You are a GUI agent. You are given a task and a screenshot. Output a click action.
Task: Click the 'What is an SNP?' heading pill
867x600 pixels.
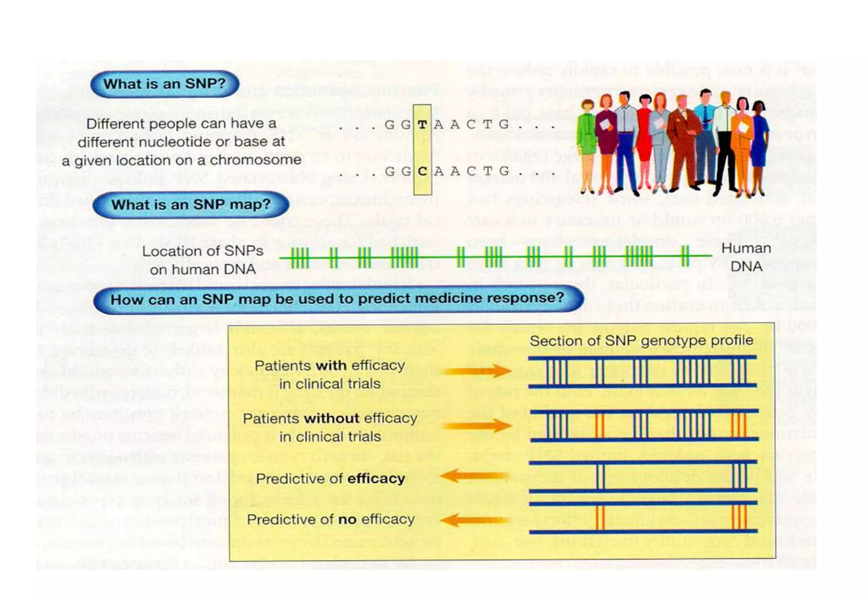(x=165, y=84)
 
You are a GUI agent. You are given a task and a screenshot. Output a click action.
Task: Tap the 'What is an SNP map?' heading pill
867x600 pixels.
(x=191, y=205)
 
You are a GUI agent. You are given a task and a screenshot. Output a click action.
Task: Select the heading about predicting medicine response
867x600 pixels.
(x=337, y=299)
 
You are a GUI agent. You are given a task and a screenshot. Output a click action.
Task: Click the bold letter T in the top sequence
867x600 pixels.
(x=422, y=124)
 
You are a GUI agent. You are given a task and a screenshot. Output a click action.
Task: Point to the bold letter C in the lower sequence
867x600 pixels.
(x=422, y=171)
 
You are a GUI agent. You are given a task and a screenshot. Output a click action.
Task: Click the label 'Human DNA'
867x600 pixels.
(x=746, y=257)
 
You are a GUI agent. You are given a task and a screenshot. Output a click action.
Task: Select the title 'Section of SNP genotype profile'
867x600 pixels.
(x=641, y=341)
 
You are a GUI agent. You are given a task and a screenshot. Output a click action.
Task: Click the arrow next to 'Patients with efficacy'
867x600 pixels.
(x=476, y=372)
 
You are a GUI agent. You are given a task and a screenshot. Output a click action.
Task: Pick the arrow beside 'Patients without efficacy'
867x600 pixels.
(x=478, y=426)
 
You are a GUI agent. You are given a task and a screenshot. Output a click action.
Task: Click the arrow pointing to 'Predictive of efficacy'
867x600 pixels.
(x=474, y=476)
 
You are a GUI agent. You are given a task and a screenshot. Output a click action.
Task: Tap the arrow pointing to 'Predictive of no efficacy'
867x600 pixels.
(x=474, y=520)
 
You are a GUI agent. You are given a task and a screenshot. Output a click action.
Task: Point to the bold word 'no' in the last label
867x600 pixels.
(x=347, y=520)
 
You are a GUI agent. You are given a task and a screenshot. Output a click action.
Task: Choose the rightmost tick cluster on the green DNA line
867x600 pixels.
(x=685, y=256)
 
